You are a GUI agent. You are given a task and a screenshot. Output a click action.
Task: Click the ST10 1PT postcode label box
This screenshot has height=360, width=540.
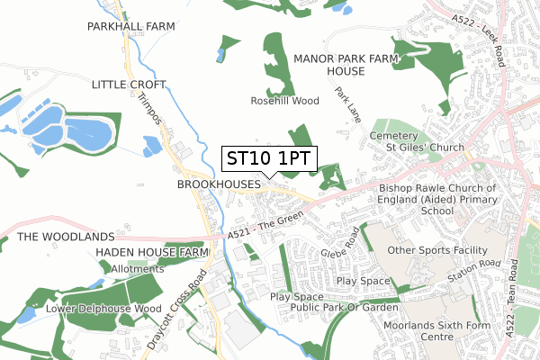tap(267, 158)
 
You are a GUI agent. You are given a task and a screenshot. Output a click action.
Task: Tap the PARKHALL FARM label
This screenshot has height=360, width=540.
tap(130, 28)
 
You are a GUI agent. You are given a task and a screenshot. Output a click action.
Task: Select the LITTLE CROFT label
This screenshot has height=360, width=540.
tap(130, 84)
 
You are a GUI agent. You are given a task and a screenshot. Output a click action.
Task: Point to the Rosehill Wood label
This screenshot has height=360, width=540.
tap(284, 101)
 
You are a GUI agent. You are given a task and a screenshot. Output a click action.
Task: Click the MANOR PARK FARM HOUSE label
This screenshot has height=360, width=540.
tap(346, 64)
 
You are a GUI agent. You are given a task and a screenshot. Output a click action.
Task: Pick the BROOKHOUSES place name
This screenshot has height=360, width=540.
tap(219, 184)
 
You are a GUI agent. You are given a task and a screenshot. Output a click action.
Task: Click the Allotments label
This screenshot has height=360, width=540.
tap(137, 268)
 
